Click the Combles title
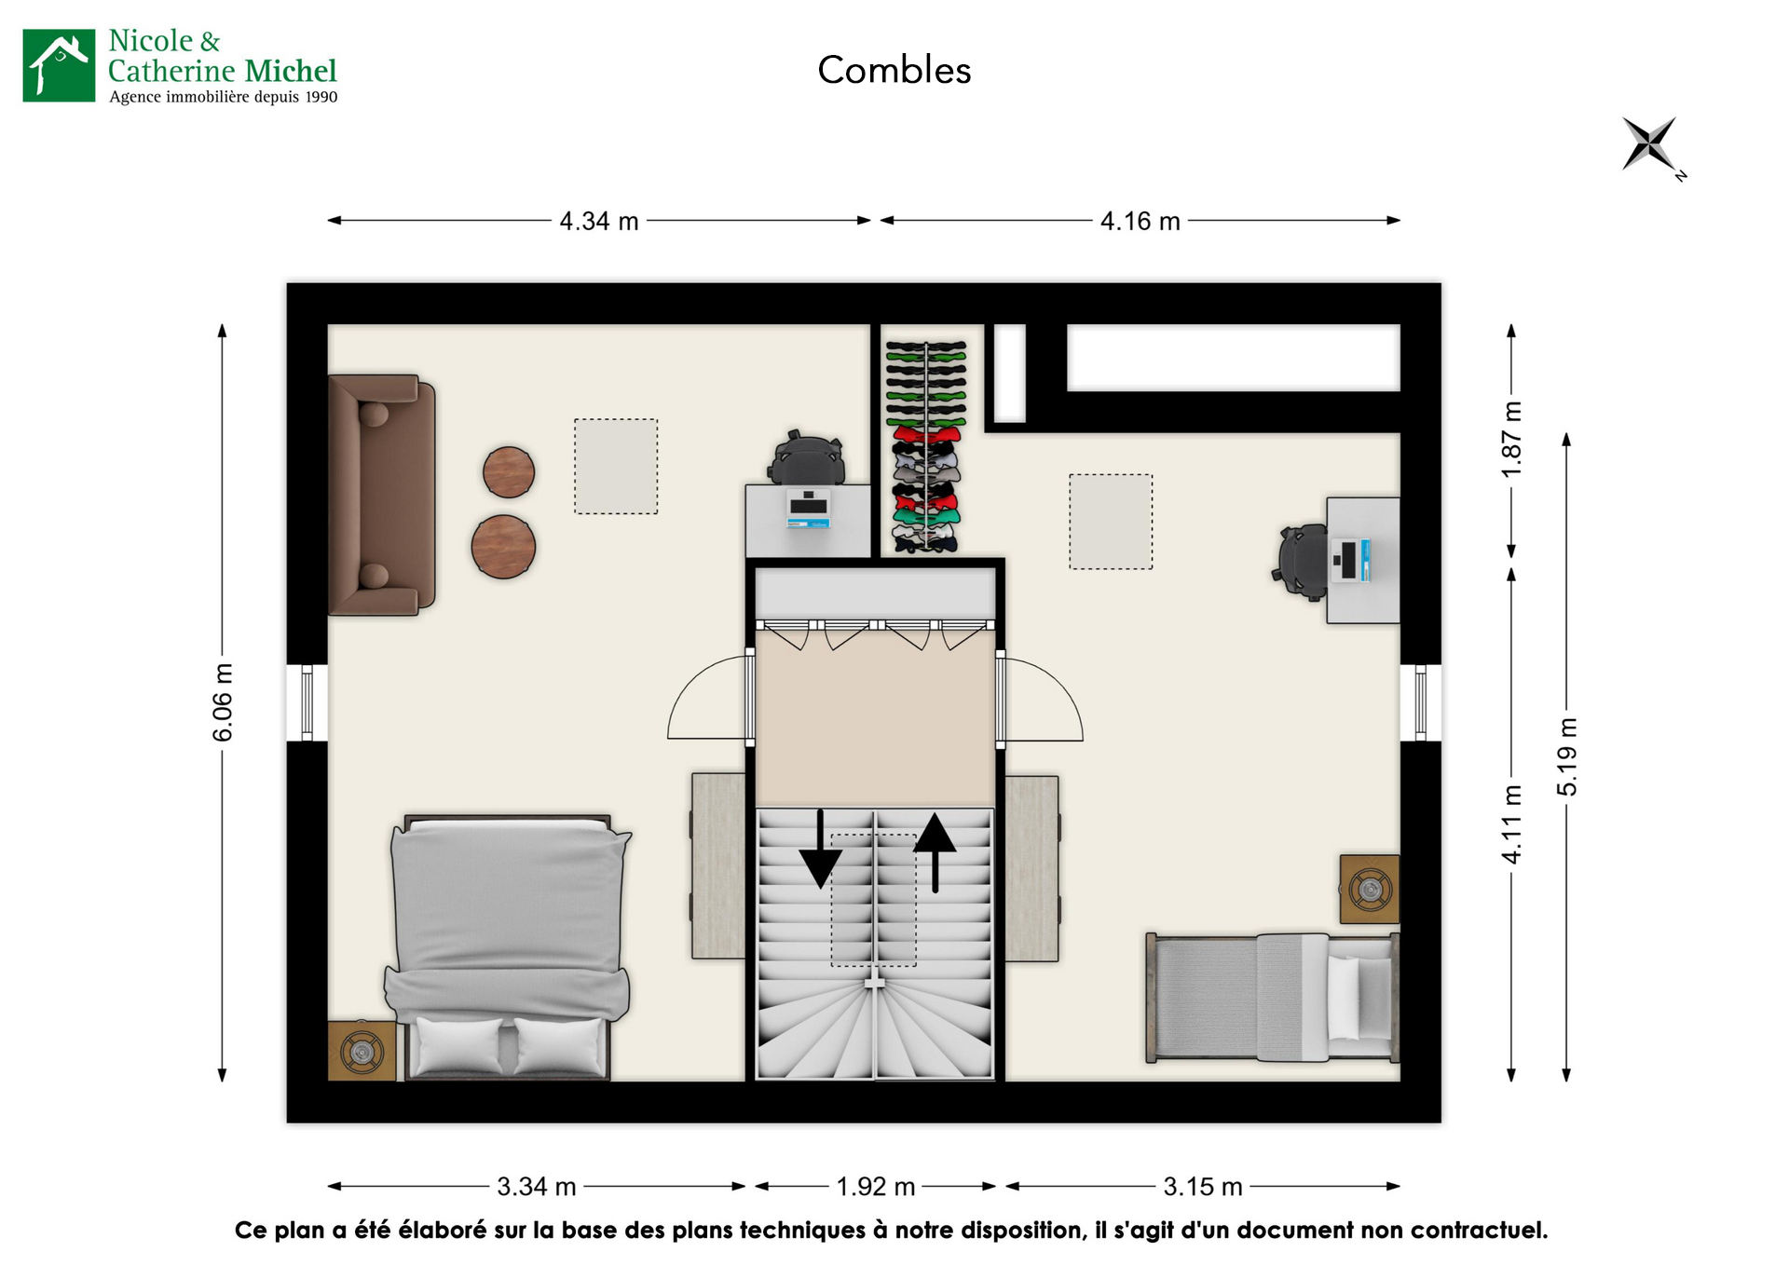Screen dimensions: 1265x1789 point(894,71)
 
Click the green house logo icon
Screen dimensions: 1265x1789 point(59,65)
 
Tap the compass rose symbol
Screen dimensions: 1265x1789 point(1649,144)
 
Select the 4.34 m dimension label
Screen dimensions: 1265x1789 point(598,222)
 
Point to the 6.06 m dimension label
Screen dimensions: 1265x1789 point(223,702)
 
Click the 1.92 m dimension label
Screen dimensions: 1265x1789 point(875,1187)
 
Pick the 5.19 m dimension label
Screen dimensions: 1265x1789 point(1567,756)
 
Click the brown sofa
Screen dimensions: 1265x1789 point(382,495)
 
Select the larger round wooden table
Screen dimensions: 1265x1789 point(503,547)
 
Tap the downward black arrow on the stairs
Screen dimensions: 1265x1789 point(820,850)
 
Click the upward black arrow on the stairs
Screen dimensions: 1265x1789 point(935,850)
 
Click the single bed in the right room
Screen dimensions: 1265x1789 point(1273,998)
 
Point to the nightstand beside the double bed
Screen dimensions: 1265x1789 point(362,1052)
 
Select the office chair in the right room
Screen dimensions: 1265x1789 point(1302,561)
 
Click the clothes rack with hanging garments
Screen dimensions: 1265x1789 point(925,446)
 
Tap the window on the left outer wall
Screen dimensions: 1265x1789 point(307,702)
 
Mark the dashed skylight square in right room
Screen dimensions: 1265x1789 point(1110,522)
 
